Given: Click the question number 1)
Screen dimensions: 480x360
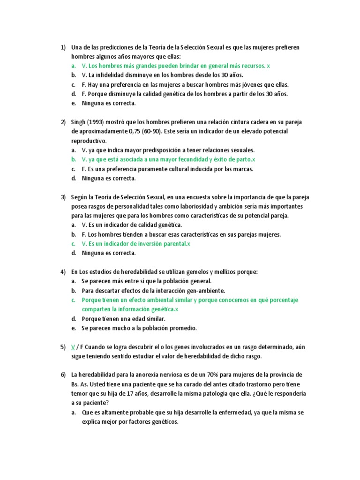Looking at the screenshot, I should coord(63,47).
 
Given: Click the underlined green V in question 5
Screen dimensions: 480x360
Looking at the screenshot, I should coord(73,347).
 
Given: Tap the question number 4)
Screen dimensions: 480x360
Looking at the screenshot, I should coord(63,272).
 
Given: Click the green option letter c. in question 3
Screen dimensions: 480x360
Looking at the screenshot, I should coord(74,244).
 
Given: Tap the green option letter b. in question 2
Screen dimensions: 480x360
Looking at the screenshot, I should coord(74,160).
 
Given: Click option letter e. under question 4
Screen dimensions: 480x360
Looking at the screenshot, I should coord(74,328).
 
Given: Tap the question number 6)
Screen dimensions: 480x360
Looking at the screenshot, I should coord(63,375).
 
